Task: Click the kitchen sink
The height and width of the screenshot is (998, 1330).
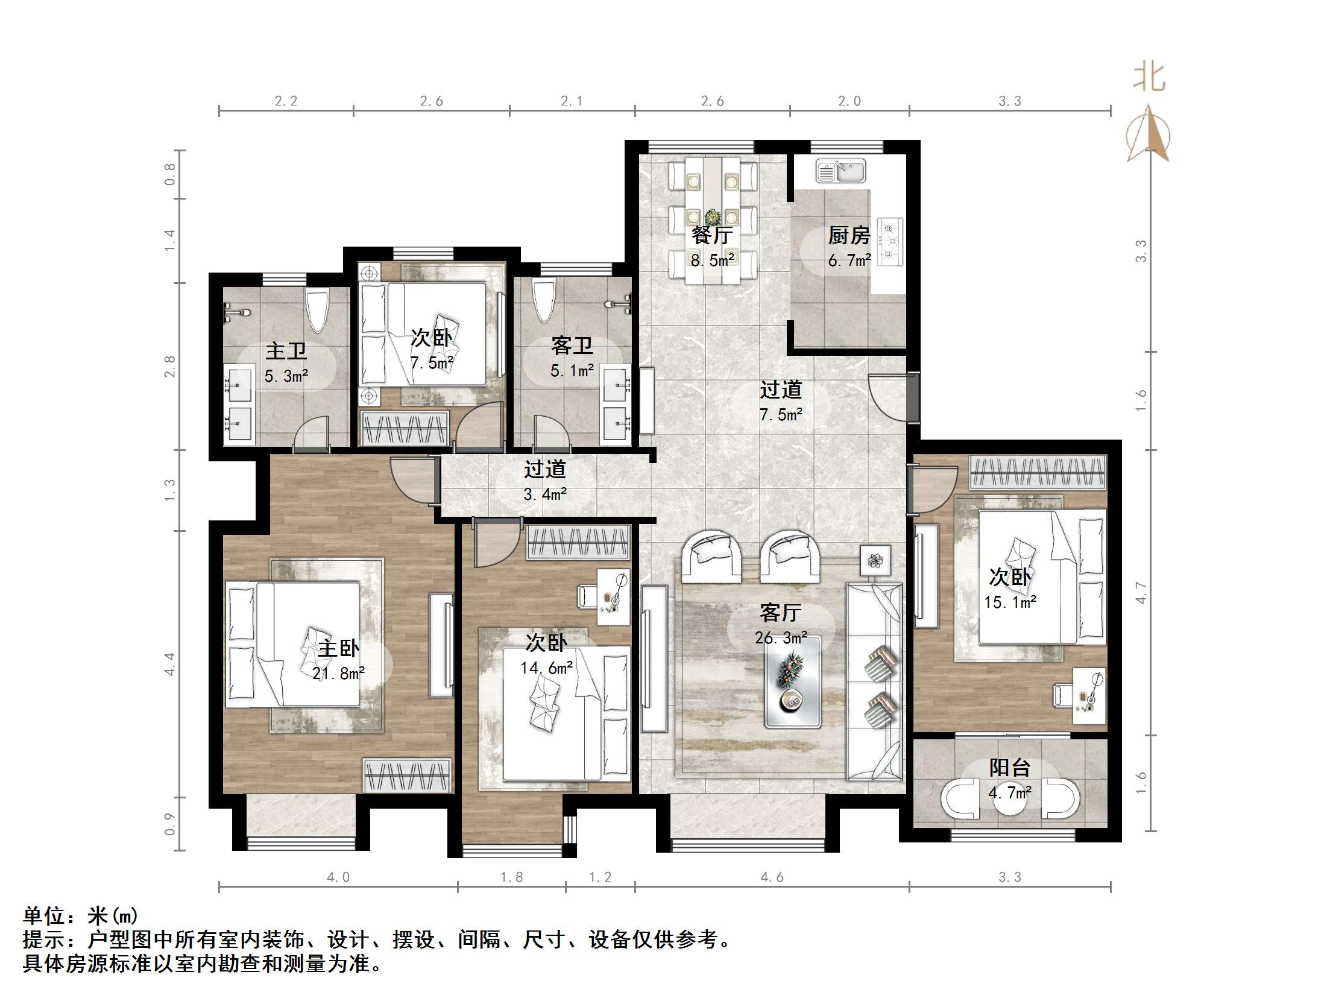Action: tap(840, 171)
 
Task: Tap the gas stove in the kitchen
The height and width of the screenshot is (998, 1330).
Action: tap(890, 241)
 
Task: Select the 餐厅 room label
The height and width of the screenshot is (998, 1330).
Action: tap(712, 235)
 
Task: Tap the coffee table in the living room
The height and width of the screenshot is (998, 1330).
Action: tap(792, 681)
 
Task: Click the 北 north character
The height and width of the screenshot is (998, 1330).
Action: tap(1149, 77)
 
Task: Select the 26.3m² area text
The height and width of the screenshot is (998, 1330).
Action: tap(781, 637)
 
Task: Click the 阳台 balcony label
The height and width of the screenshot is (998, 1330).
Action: tap(1010, 767)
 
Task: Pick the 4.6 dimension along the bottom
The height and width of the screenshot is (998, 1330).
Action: tap(772, 877)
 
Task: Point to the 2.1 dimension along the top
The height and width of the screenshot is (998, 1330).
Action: tap(572, 101)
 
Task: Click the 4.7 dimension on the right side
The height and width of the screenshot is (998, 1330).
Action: tap(1141, 592)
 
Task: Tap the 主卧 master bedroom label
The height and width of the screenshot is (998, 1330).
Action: tap(338, 648)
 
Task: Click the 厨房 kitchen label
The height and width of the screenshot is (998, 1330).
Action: tap(849, 235)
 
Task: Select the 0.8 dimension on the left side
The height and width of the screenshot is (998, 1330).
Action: tap(170, 174)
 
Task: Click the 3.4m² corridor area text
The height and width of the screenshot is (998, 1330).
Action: tap(545, 494)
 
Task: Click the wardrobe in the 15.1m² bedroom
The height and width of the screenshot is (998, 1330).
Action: tap(1038, 472)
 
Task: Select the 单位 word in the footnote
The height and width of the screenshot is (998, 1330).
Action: tap(43, 915)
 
